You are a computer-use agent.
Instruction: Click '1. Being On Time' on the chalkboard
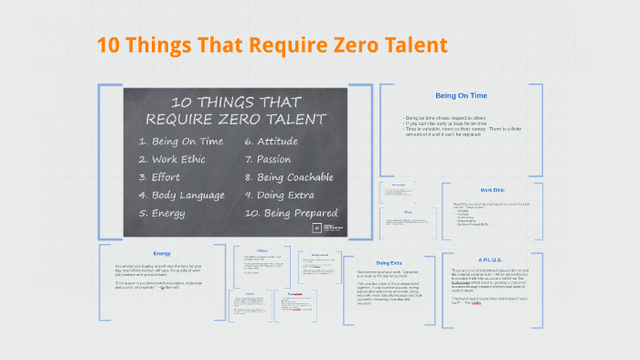point(182,141)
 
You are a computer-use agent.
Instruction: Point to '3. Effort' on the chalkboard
point(160,177)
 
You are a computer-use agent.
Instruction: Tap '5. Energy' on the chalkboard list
point(163,213)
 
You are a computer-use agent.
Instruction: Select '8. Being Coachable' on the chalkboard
point(289,177)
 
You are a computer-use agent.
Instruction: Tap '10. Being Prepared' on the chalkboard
point(290,213)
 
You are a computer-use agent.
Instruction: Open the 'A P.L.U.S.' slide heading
point(492,259)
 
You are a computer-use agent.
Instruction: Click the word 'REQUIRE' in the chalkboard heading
point(187,119)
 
